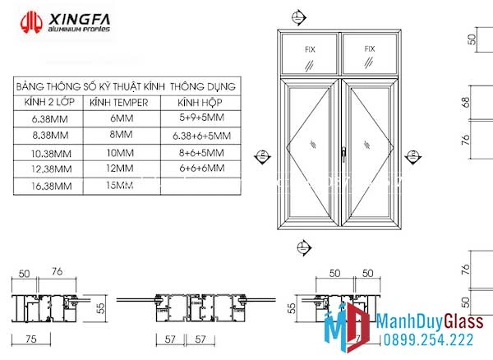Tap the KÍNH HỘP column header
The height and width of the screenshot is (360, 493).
point(200,102)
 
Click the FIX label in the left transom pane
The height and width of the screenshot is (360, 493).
point(310,49)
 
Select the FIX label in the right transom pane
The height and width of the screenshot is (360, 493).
point(369,49)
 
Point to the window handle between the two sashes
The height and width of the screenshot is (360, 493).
point(340,151)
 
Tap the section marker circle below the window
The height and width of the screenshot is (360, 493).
point(303,245)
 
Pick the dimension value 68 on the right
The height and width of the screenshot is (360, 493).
point(465,102)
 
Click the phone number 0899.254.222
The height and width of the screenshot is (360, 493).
point(426,339)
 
